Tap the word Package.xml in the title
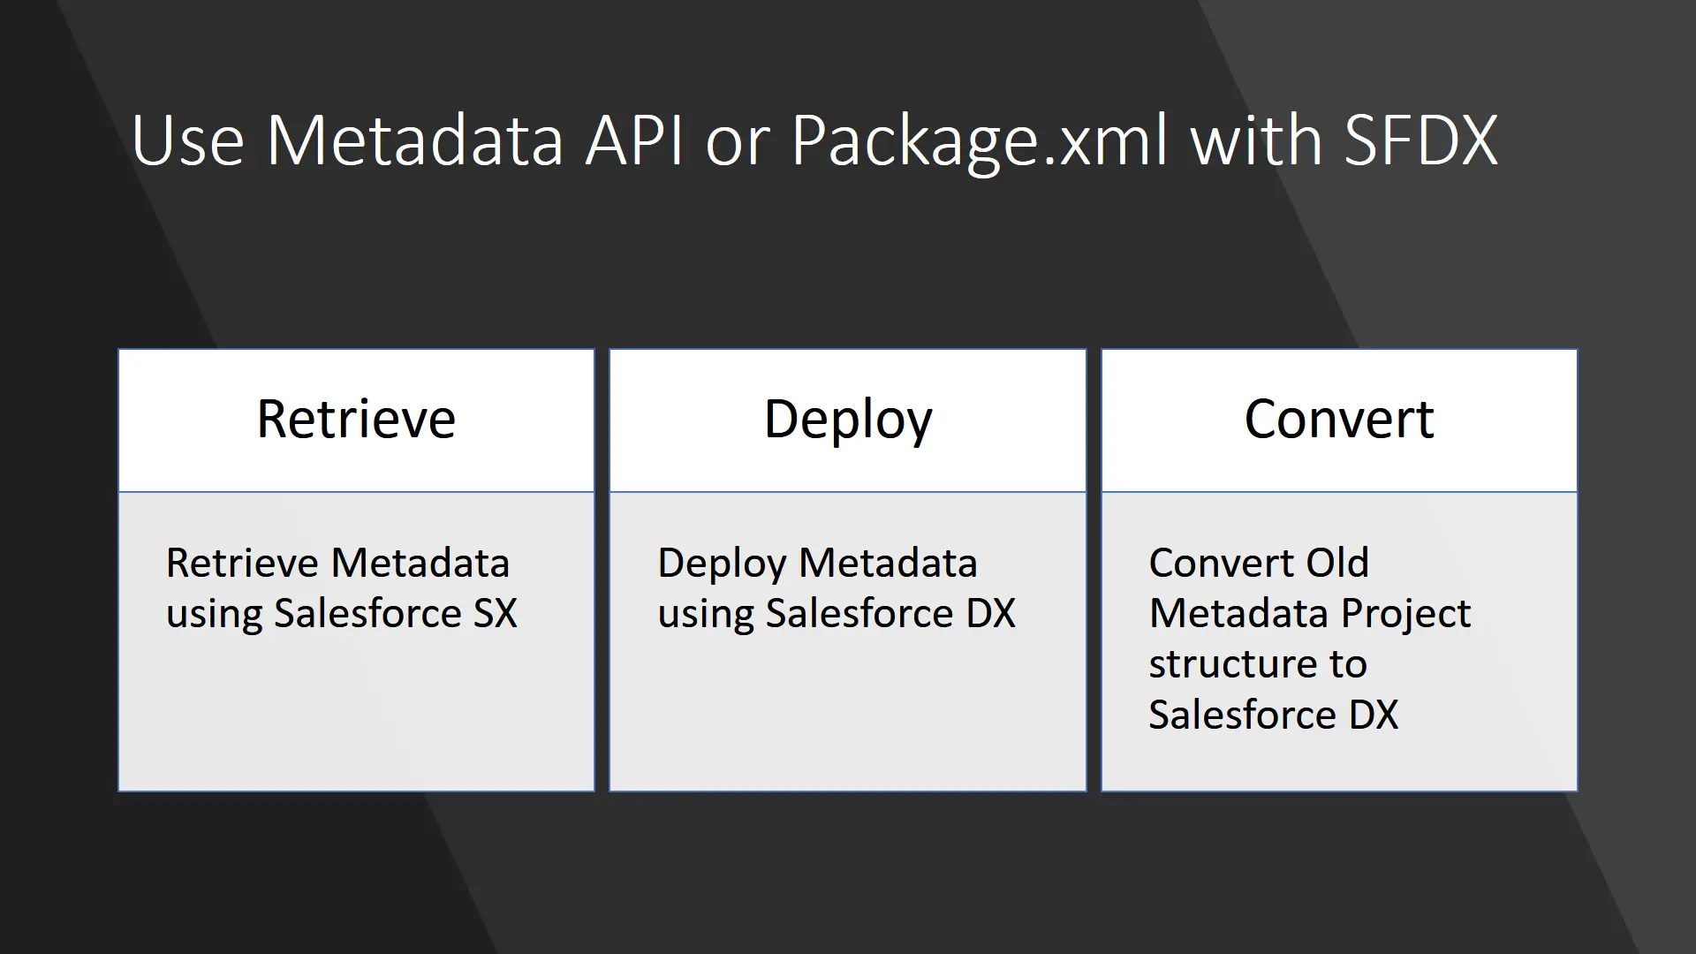click(979, 141)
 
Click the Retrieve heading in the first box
click(356, 419)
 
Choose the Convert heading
click(1339, 419)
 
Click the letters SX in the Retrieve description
click(495, 613)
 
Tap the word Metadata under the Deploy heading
click(888, 563)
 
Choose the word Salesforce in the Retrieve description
click(367, 613)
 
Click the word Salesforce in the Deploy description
click(859, 613)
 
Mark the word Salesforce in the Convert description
click(1243, 715)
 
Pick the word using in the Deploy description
click(706, 616)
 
